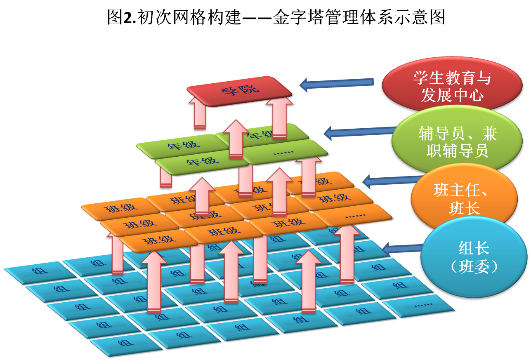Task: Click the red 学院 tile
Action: point(239,90)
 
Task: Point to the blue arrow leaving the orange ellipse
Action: point(390,181)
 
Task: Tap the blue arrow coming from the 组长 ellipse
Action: point(402,248)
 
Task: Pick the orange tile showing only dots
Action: point(354,215)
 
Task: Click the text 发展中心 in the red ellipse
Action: point(452,95)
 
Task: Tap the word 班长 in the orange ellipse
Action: point(464,209)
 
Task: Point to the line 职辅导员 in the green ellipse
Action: point(457,151)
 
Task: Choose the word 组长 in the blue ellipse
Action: point(474,248)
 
